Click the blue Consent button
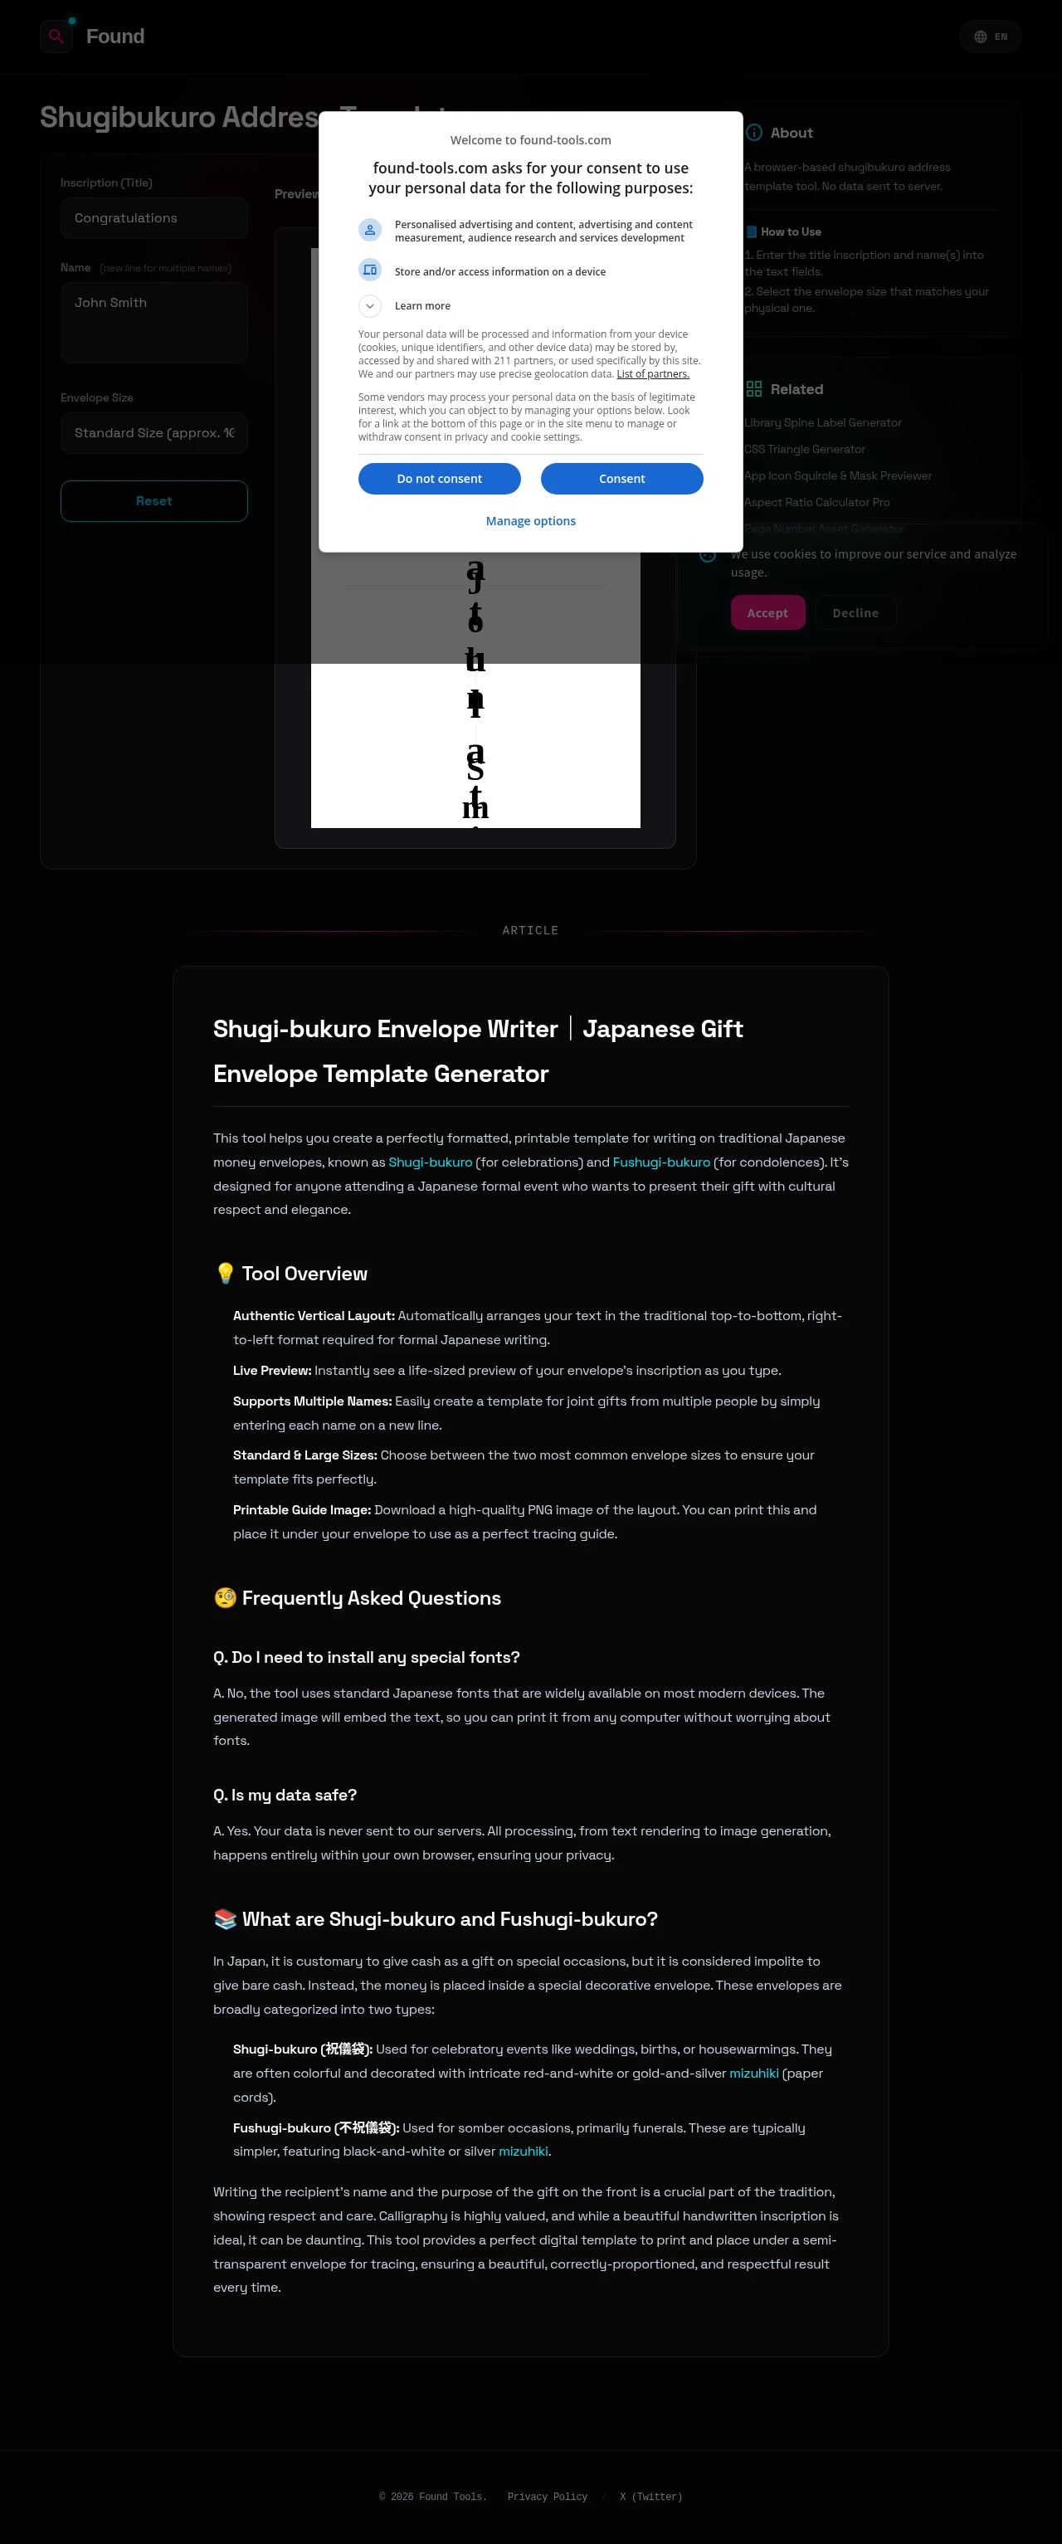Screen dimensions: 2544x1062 tap(621, 478)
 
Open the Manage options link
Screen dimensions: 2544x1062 tap(530, 520)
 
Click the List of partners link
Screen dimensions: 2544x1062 tap(652, 374)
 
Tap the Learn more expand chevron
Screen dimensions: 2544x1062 tap(369, 306)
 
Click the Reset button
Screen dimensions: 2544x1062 tap(153, 500)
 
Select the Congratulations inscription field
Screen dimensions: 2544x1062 tap(153, 218)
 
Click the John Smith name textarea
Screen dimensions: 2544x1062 tap(153, 322)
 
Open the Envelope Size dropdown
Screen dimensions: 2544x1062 tap(153, 432)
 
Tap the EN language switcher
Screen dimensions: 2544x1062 tap(990, 37)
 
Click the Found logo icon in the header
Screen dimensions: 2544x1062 tap(56, 37)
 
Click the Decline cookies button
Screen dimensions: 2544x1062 tap(855, 613)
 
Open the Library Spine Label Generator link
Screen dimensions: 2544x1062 tap(822, 422)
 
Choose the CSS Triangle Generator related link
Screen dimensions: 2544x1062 tap(804, 450)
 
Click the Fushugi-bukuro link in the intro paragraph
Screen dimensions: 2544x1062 tap(661, 1162)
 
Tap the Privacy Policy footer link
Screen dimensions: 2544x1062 tap(548, 2497)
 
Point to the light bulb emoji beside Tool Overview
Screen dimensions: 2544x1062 tap(225, 1274)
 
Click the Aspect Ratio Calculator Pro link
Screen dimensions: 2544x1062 tap(816, 503)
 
